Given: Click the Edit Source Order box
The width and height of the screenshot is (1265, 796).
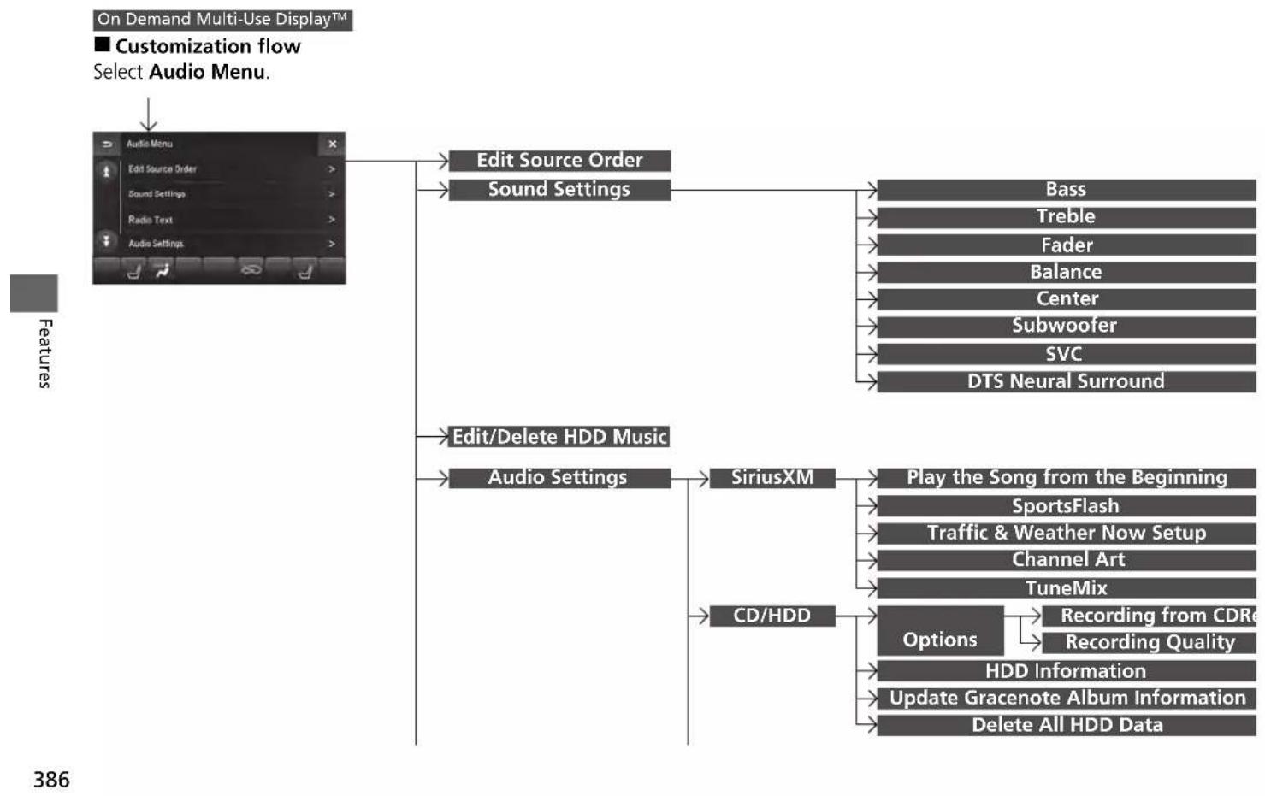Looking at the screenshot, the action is tap(559, 161).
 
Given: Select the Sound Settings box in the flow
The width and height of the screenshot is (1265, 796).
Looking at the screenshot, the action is tap(559, 190).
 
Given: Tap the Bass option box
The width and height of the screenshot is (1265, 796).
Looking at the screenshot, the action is tap(1067, 190).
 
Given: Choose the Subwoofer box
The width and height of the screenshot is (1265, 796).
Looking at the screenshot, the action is tap(1067, 327).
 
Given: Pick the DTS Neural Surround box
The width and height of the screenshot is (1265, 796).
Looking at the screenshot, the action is tap(1067, 381).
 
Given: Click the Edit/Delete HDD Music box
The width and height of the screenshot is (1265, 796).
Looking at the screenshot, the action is tap(559, 436).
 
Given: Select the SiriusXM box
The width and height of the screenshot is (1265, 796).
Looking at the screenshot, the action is tap(772, 478).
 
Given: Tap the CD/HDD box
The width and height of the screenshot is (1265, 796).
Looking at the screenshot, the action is tap(772, 616).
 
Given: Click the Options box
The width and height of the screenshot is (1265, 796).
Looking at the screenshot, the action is tap(940, 630).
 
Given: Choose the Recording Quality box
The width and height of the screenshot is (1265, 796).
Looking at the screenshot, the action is tap(1150, 642).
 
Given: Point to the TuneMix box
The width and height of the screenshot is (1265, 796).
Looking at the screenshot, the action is tap(1067, 588).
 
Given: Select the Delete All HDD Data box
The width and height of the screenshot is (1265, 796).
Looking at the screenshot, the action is tap(1067, 725).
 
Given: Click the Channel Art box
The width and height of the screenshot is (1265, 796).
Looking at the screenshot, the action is tap(1067, 560).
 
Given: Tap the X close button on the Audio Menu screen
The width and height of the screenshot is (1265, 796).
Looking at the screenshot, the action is tap(333, 144).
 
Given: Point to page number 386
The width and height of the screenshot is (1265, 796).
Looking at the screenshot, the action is tap(51, 780).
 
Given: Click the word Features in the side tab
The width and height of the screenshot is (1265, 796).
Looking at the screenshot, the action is tap(45, 353).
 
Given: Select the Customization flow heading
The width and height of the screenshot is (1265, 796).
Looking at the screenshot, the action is tap(198, 45).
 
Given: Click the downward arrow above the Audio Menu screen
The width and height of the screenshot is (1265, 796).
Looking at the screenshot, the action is tap(149, 115).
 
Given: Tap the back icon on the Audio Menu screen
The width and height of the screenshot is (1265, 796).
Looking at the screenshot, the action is tap(107, 144).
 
